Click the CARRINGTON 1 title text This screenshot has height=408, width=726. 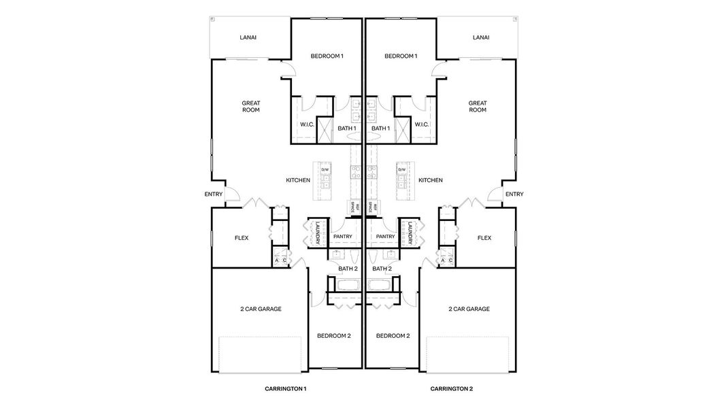coord(286,389)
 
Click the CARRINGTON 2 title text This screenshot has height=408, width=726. coord(451,389)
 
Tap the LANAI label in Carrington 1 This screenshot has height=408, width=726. coord(248,38)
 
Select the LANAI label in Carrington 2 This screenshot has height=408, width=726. coord(481,38)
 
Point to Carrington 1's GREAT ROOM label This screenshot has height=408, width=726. coord(251,107)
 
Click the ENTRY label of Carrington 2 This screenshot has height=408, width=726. coord(514,194)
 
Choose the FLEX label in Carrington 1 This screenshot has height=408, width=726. coord(242,238)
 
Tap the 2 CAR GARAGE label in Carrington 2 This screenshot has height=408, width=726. coord(469,309)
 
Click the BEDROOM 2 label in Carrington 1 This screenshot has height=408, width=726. coord(334,336)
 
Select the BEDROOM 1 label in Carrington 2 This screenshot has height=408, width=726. coord(401,56)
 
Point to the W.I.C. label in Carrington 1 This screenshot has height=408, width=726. coord(307,124)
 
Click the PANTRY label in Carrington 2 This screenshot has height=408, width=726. coord(386,237)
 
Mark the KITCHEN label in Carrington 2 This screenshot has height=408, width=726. coord(430,180)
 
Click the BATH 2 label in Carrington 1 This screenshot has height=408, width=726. coord(348,269)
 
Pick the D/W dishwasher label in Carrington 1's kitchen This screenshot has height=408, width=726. coord(325,169)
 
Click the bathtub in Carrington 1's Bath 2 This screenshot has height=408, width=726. coord(347,286)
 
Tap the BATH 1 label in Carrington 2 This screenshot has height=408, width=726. coord(380,129)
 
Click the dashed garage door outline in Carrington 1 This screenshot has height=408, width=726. coord(259,354)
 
